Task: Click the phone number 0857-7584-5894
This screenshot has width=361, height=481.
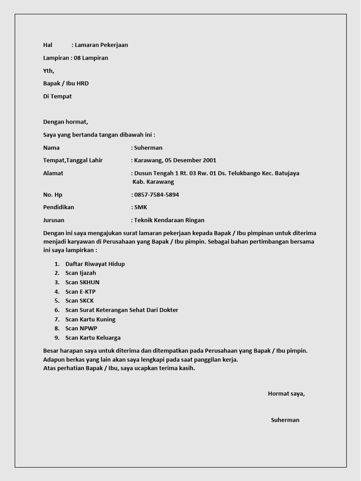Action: [157, 194]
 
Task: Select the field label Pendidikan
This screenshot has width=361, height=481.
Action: [59, 207]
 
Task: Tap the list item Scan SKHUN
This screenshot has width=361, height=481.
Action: [82, 282]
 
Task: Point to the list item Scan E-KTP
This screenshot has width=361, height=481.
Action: [80, 292]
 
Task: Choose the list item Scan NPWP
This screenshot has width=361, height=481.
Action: [81, 328]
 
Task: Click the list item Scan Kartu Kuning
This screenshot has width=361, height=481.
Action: [90, 319]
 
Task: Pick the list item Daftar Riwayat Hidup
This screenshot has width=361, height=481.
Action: [95, 264]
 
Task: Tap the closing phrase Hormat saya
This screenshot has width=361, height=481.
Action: [286, 394]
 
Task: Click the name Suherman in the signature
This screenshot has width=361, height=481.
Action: [285, 420]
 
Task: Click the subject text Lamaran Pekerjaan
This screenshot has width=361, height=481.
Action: [101, 45]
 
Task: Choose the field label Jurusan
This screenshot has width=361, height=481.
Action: [54, 220]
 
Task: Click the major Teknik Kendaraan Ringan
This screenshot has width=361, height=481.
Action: [169, 220]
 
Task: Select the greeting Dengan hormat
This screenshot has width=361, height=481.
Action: [65, 122]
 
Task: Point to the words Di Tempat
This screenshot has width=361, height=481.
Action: [57, 96]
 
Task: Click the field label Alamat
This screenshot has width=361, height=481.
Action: [53, 173]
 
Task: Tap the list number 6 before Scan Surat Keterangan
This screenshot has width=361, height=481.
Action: [57, 310]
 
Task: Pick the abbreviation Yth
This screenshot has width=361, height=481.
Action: [48, 70]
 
